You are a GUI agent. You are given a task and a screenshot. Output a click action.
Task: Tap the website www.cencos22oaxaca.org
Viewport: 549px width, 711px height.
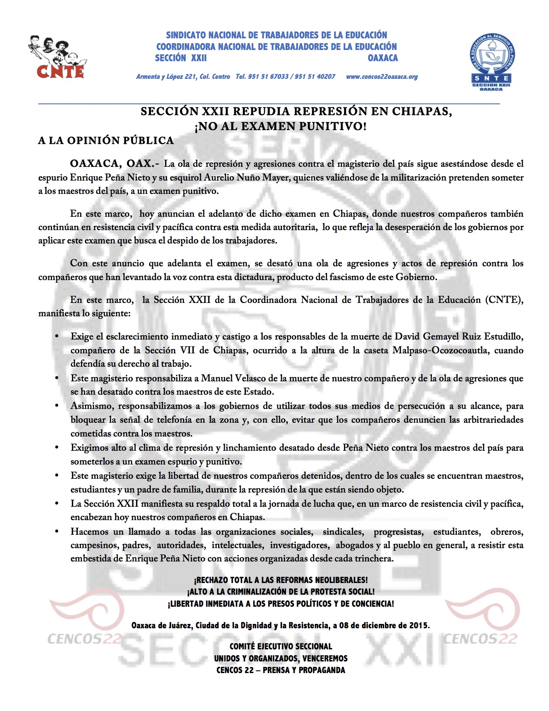click(x=382, y=77)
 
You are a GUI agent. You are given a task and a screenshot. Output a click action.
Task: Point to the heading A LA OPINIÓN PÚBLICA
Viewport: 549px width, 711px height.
click(x=106, y=140)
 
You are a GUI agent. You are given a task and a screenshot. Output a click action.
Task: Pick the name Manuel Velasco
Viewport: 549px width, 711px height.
click(x=234, y=378)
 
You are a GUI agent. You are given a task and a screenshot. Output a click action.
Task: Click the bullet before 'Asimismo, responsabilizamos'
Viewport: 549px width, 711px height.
click(x=56, y=406)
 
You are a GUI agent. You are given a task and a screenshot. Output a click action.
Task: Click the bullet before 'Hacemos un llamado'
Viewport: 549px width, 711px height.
click(x=56, y=532)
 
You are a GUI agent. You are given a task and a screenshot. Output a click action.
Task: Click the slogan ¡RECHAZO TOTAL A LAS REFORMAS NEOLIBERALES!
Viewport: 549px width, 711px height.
click(x=281, y=580)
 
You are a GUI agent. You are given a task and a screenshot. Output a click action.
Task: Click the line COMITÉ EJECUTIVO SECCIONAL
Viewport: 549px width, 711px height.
click(x=281, y=646)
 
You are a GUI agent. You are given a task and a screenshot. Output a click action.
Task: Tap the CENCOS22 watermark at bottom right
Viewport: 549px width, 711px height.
click(x=480, y=638)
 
